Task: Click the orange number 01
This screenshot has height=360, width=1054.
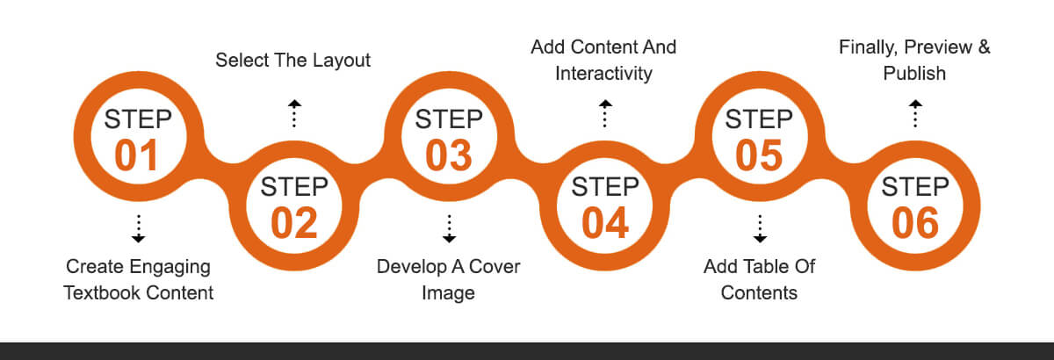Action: pos(136,155)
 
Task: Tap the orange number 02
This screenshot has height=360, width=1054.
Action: pos(294,223)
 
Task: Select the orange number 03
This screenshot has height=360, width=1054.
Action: pos(449,155)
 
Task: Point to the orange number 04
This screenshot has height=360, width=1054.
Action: pos(605,223)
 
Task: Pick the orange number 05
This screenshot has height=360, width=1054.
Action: pos(759,155)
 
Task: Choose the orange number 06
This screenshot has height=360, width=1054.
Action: pos(915,223)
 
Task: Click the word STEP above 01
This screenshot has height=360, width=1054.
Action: pos(138,119)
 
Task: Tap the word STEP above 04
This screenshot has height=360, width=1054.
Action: pos(605,187)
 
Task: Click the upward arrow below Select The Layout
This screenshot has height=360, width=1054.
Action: pos(294,113)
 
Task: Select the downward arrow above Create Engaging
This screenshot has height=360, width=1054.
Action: pos(139,228)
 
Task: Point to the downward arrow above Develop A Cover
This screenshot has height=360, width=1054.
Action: pos(450,228)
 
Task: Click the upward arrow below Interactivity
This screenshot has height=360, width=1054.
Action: pos(605,113)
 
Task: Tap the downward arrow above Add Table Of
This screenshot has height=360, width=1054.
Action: pos(760,228)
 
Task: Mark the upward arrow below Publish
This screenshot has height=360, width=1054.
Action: pos(915,113)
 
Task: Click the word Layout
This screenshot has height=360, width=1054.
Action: pos(342,61)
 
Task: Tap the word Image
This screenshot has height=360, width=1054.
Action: pos(449,293)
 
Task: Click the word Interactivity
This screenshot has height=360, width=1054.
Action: pos(603,74)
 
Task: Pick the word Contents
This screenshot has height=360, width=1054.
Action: pos(759,292)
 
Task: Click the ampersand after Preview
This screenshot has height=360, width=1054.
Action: pos(985,47)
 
